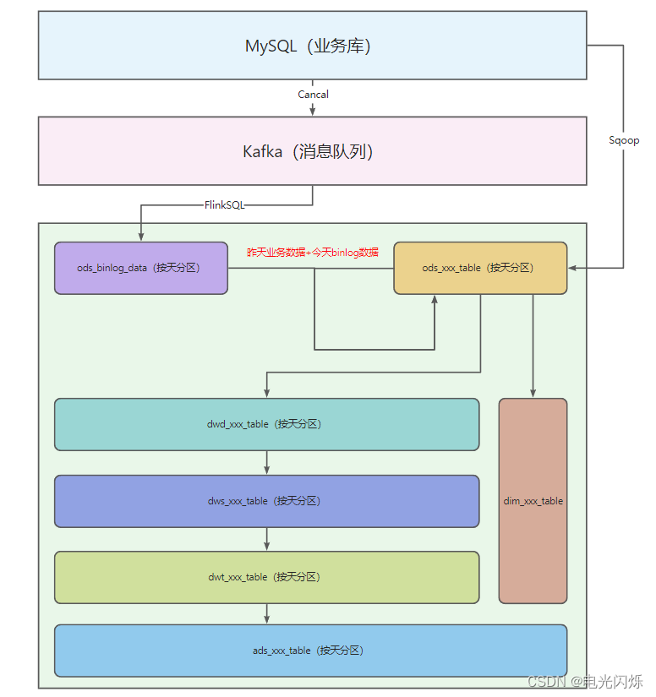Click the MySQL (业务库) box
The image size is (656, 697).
[x=312, y=46]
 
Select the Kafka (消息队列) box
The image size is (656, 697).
[x=312, y=151]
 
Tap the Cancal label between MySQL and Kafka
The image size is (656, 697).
[x=313, y=95]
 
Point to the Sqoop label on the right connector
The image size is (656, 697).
[x=624, y=140]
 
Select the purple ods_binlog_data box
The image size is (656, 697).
[x=140, y=268]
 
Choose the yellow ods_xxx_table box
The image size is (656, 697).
[x=479, y=268]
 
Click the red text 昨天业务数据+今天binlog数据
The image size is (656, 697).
[x=313, y=252]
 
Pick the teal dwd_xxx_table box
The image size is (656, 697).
[x=266, y=424]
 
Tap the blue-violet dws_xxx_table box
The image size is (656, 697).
[x=266, y=501]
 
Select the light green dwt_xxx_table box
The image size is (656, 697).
[x=266, y=577]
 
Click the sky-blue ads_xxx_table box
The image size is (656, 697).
[x=310, y=651]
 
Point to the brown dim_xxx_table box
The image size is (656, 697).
[x=533, y=501]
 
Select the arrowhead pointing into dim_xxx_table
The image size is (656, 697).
[x=533, y=393]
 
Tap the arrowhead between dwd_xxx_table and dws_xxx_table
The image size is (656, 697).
[x=267, y=470]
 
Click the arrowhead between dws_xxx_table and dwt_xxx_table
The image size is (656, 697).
[x=267, y=546]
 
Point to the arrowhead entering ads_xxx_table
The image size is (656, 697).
[x=267, y=619]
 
